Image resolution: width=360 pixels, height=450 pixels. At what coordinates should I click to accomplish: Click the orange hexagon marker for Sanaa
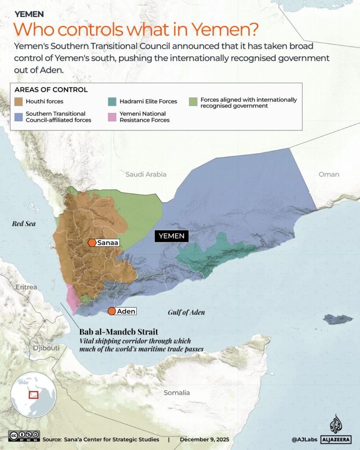pyautogui.click(x=92, y=243)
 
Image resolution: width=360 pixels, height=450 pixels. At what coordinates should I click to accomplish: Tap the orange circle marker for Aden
pyautogui.click(x=112, y=311)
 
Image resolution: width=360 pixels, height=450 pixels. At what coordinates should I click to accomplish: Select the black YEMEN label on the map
pyautogui.click(x=172, y=236)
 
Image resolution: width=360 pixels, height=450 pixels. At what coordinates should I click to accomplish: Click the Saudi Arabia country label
pyautogui.click(x=146, y=174)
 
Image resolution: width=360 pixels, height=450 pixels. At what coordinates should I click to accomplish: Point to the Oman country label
pyautogui.click(x=329, y=174)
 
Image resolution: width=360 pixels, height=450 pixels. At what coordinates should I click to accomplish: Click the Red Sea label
pyautogui.click(x=24, y=224)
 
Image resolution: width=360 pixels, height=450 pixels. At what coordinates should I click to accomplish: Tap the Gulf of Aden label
pyautogui.click(x=186, y=312)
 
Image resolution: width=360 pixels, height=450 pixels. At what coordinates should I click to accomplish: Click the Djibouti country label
pyautogui.click(x=46, y=348)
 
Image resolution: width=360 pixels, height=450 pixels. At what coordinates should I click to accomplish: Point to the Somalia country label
pyautogui.click(x=176, y=392)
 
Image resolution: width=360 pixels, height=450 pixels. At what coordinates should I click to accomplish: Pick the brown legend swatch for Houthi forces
pyautogui.click(x=19, y=102)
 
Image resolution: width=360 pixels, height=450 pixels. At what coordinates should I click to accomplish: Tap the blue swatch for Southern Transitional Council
pyautogui.click(x=19, y=117)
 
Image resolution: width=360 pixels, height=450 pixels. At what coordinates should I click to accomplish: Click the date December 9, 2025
pyautogui.click(x=204, y=439)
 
